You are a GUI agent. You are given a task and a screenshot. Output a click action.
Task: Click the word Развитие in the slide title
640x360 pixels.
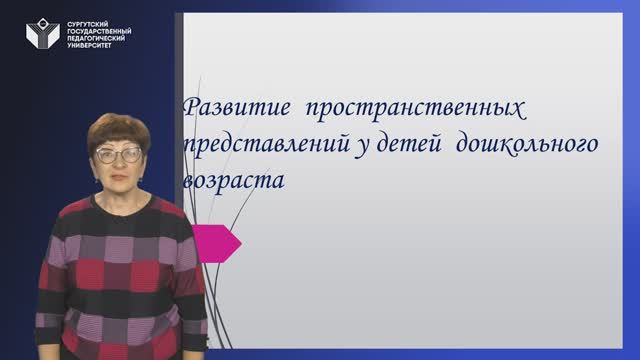[229, 107]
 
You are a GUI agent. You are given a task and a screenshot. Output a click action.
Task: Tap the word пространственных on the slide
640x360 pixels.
[416, 107]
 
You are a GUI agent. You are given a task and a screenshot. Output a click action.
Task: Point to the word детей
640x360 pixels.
[405, 145]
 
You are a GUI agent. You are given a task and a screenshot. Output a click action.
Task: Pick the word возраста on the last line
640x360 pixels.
[234, 182]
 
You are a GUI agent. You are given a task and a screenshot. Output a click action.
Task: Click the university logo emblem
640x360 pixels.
[41, 35]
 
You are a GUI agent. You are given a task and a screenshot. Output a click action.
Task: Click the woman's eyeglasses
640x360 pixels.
[120, 155]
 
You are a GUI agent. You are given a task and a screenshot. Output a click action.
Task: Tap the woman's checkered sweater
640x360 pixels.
[120, 270]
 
